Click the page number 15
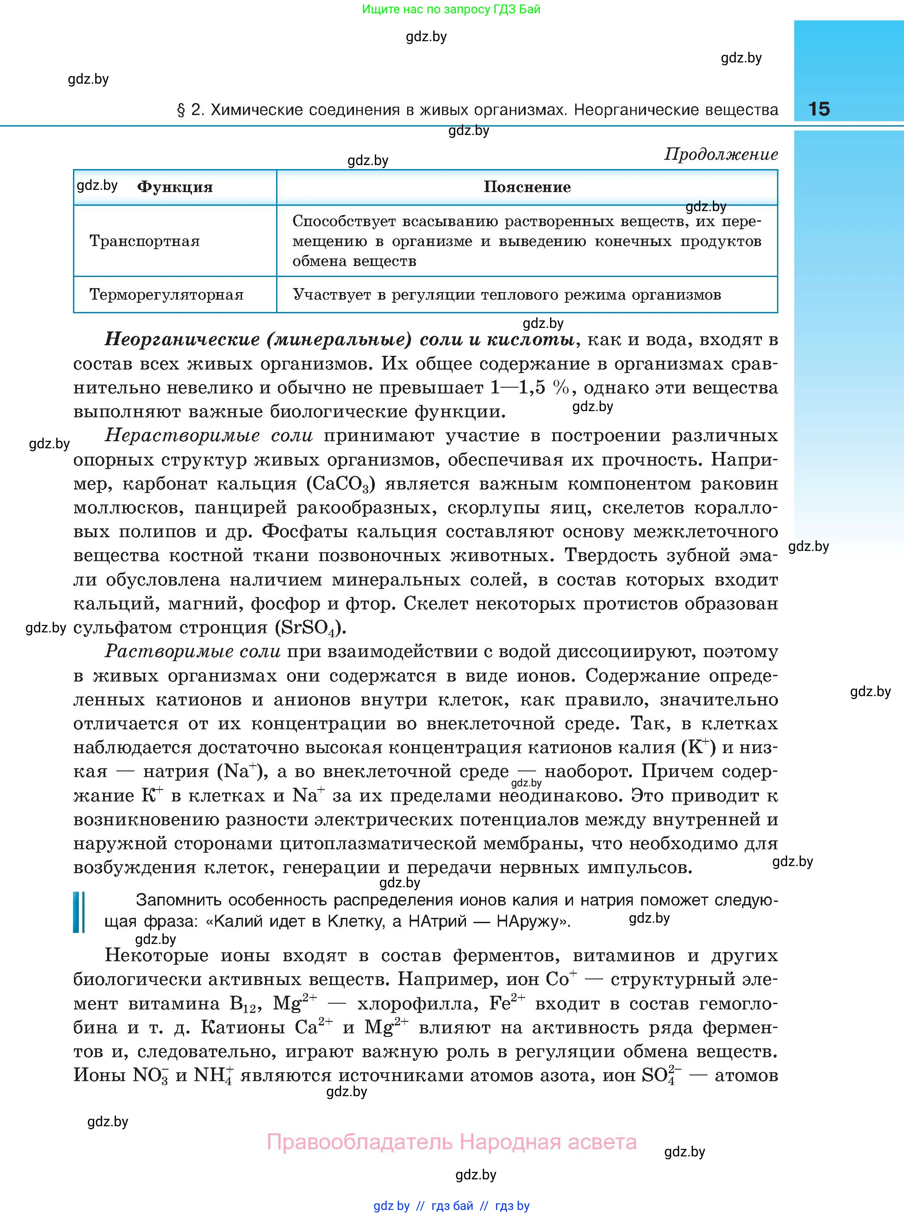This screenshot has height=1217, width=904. click(x=819, y=109)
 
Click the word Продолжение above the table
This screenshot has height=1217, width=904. click(x=721, y=155)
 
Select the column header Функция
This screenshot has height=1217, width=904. click(x=175, y=187)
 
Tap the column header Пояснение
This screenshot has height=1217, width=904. click(x=527, y=187)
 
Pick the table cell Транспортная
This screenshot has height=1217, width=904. click(x=144, y=241)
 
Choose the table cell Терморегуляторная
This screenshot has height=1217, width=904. click(x=166, y=295)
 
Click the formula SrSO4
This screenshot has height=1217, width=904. click(x=310, y=628)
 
